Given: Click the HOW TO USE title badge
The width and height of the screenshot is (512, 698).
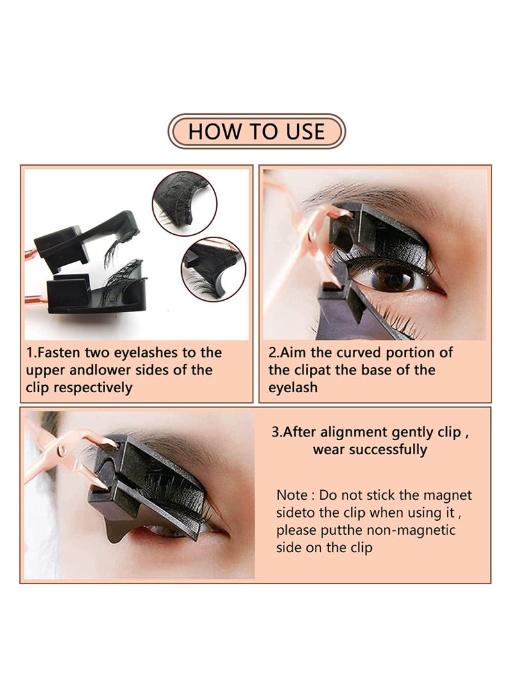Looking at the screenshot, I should tap(256, 131).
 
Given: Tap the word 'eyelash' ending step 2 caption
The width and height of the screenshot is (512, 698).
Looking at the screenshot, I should tap(292, 388).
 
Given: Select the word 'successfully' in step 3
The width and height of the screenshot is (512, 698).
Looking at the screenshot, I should tap(392, 449).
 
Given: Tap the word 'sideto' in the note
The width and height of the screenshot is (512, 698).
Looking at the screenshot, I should tap(298, 512).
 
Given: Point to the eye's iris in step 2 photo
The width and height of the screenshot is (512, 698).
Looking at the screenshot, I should tap(392, 277).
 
